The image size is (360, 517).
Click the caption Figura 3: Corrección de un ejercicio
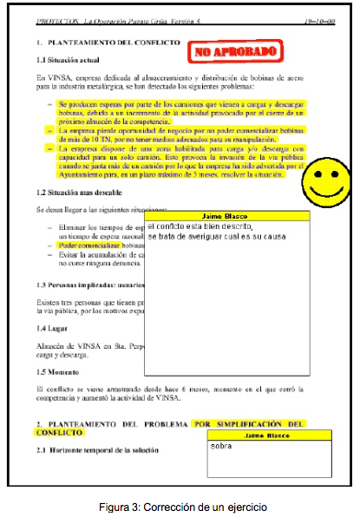(179, 505)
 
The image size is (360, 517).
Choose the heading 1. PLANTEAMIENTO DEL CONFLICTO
(109, 43)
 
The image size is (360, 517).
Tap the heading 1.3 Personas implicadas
(83, 285)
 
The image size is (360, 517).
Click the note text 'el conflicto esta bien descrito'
(200, 226)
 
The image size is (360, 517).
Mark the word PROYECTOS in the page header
(51, 17)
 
